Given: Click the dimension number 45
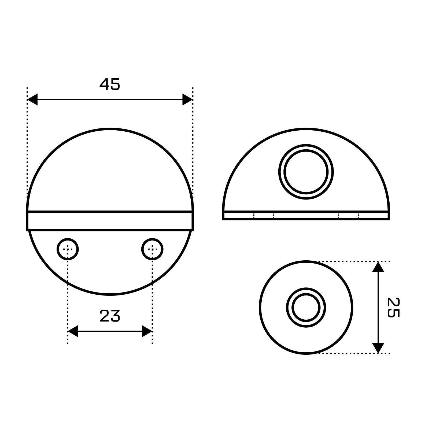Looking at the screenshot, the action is coord(110,84).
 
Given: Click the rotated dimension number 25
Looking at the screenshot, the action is coord(393,307).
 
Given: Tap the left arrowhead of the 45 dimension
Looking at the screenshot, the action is coord(32,99).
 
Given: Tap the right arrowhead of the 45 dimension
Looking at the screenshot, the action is coord(187,99).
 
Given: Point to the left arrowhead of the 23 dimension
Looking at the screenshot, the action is coord(73,331).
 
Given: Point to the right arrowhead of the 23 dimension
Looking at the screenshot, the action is coord(147,331).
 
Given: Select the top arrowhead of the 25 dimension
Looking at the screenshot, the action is coord(378,267).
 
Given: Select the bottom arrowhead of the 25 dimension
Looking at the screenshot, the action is coord(378,348).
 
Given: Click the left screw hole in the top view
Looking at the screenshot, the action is coord(68,249).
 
